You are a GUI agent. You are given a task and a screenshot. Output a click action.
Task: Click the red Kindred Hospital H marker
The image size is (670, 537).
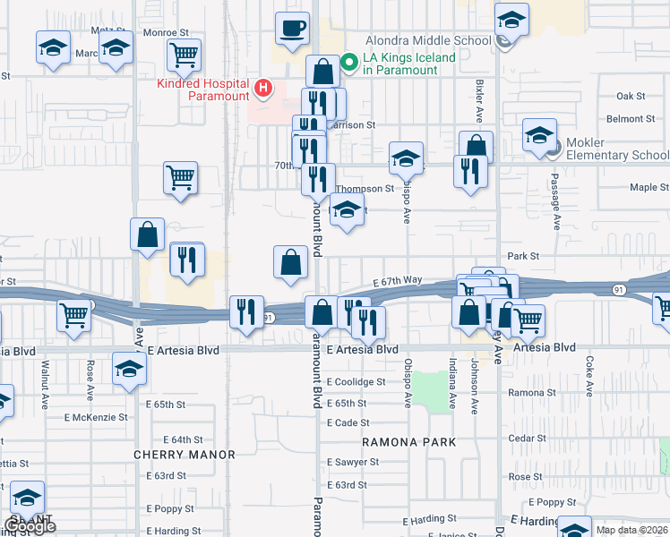point(263,87)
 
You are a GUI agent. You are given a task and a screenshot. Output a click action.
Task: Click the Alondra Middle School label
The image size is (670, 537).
point(427,40)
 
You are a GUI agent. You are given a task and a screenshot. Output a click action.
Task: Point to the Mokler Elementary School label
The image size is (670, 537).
point(618,155)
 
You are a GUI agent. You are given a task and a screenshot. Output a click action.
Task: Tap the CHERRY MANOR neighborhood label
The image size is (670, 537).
point(185,455)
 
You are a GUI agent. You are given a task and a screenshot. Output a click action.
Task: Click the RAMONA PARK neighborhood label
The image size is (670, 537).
point(409,442)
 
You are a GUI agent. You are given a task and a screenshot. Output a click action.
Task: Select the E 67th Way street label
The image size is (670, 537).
point(398,280)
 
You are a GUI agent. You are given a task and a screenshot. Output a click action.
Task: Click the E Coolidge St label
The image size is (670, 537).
point(356,381)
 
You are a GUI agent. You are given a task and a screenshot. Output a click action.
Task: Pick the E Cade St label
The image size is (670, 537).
point(348,422)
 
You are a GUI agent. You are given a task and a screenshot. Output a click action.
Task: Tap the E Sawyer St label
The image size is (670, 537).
point(352,462)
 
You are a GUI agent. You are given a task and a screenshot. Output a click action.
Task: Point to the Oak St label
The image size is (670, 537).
point(631,96)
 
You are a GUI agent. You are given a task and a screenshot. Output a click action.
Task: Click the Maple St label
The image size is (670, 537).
point(649,188)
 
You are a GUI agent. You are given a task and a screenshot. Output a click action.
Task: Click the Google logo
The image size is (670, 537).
point(29,526)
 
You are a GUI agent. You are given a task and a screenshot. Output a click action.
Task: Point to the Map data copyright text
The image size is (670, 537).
point(631,530)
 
